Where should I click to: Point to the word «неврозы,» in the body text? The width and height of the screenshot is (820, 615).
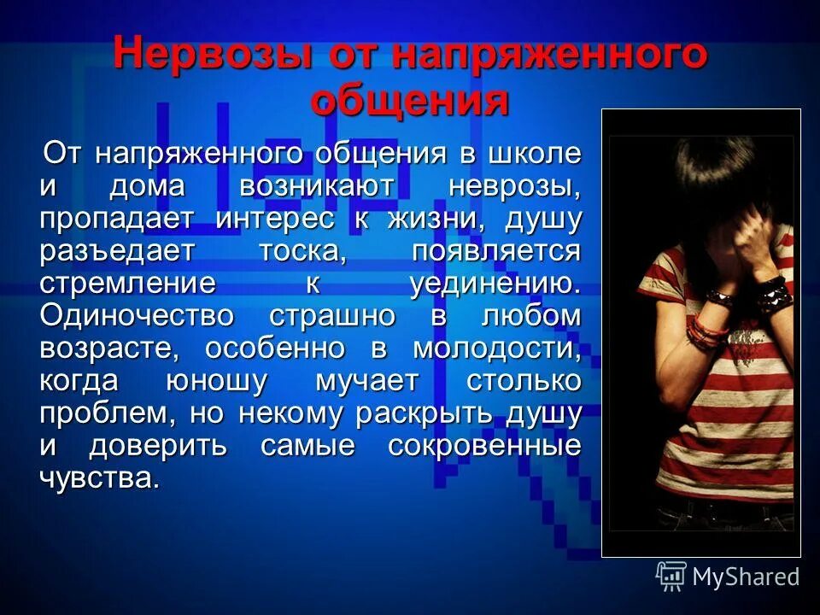[516, 186]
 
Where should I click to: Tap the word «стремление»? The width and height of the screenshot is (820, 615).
[127, 284]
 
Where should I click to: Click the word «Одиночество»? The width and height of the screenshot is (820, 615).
[137, 316]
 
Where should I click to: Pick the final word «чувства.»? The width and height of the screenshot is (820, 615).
[99, 478]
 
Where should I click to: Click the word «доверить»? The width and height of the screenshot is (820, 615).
[158, 446]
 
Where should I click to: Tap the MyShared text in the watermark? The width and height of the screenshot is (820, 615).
[746, 577]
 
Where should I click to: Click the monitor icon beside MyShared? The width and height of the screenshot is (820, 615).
[671, 576]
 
